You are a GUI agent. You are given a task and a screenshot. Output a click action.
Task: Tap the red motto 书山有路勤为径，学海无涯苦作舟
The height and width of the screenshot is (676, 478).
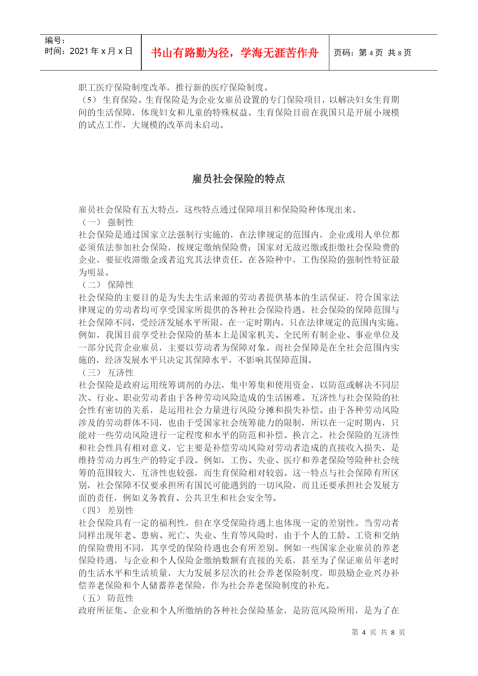coord(235,53)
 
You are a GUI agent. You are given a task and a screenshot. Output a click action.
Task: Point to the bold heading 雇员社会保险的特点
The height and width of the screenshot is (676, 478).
coord(238,179)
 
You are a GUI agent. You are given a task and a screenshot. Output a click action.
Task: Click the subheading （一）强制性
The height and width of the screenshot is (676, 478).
coord(107,222)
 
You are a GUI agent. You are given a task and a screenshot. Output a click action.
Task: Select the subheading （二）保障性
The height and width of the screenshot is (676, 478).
coord(107,285)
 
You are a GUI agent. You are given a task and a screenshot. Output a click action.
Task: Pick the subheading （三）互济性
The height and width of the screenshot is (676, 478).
coord(107,373)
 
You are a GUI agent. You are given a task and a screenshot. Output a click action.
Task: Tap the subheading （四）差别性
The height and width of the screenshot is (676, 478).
coord(107,510)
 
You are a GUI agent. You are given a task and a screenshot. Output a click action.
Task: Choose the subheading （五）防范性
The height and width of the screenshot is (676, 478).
coord(107,598)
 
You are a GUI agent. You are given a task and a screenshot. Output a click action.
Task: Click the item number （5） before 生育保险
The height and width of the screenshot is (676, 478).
coord(89,100)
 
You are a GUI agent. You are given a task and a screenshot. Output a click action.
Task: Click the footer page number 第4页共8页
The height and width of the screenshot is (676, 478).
coord(378,632)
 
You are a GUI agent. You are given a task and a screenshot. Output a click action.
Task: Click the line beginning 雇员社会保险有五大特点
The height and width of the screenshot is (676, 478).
coord(218,210)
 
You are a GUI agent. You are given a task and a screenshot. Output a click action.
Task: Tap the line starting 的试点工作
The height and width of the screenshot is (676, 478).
coord(152,125)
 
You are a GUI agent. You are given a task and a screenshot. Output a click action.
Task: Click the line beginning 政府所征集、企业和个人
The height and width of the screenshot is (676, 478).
coord(238,610)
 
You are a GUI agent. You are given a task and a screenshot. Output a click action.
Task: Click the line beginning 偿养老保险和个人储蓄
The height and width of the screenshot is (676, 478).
coord(205,585)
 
